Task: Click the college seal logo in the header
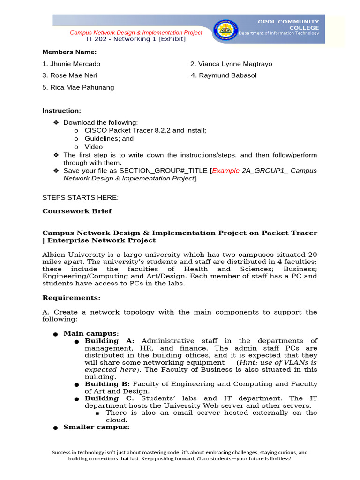point(225,30)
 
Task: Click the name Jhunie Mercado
point(71,64)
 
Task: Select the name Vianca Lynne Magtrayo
point(231,64)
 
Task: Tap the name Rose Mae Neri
point(70,75)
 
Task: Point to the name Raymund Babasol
point(224,75)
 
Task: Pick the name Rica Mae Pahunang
point(78,87)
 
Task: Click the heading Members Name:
point(69,52)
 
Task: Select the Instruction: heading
point(61,111)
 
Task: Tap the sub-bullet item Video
point(93,147)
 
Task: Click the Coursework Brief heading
point(77,211)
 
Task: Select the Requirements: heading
point(71,298)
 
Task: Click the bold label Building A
point(109,341)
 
